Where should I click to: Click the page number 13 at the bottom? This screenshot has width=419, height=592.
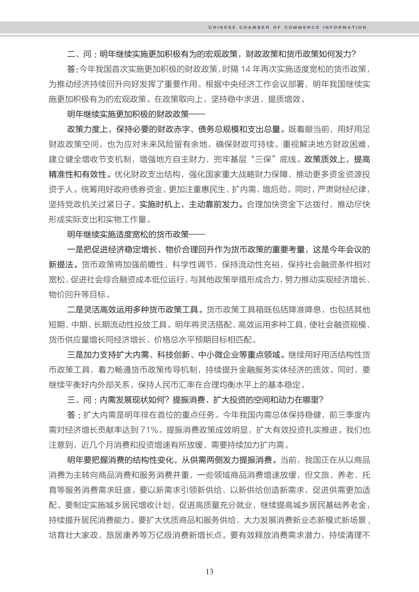[209, 571]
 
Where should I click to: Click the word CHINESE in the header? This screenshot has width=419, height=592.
[222, 28]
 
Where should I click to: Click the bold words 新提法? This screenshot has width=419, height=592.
[61, 264]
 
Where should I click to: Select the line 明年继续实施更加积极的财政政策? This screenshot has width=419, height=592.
[128, 114]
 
